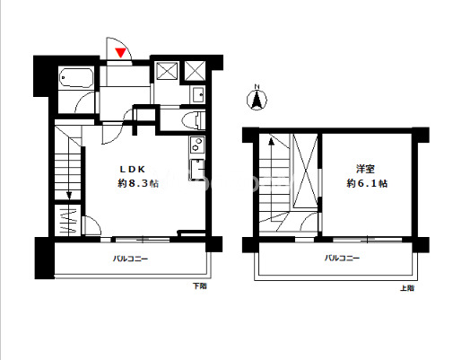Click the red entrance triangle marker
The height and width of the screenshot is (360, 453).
(x=120, y=52)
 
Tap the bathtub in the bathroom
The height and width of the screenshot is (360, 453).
(x=76, y=77)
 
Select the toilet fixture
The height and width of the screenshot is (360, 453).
(x=193, y=120)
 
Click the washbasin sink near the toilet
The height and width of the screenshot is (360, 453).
(x=197, y=94)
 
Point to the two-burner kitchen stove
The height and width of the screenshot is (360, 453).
(x=196, y=145)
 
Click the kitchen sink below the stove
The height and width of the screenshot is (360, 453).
(x=196, y=169)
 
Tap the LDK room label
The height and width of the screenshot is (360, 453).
(x=132, y=170)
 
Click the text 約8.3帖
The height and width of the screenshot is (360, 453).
(x=138, y=183)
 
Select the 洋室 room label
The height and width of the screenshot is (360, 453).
(x=365, y=169)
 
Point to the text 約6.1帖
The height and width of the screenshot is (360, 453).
(x=367, y=183)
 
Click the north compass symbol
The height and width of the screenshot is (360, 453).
(x=257, y=100)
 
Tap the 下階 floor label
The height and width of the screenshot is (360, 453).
(x=199, y=286)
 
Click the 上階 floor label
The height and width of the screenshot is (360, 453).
(x=407, y=288)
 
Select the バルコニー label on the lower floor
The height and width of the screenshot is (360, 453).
(x=130, y=259)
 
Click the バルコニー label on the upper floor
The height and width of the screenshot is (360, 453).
(x=342, y=258)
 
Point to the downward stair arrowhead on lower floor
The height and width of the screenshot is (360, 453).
(x=69, y=196)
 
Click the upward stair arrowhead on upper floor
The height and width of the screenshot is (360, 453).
(x=271, y=141)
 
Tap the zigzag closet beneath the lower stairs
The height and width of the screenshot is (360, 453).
(x=68, y=220)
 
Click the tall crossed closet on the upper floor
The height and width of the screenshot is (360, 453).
(x=305, y=171)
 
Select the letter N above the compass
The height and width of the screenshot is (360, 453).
(x=257, y=87)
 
